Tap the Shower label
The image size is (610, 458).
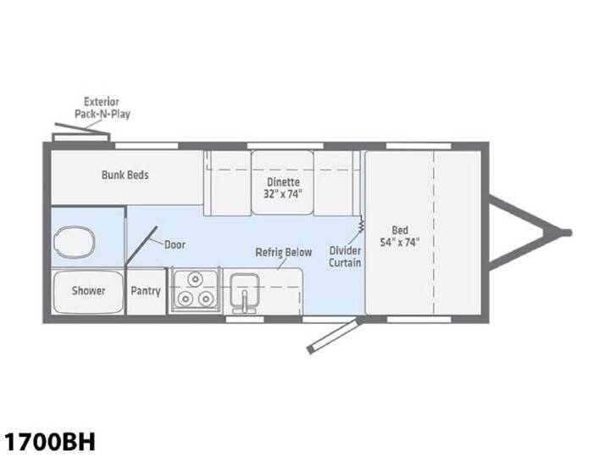coord(88,291)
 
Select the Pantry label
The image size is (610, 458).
coord(146,291)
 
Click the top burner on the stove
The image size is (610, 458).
coord(195,279)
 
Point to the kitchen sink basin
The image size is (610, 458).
coord(244,289)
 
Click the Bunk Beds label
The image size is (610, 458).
coord(125,175)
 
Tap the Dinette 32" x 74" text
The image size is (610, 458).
coord(283,187)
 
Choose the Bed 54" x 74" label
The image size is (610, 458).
coord(400,236)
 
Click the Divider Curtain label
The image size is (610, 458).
coord(345,256)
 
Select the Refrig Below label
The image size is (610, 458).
coord(284,252)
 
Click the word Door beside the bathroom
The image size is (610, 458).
coord(175,244)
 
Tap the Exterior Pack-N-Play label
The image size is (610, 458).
coord(102,108)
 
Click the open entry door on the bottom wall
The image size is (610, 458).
coord(332,335)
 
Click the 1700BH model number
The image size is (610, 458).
coord(49,442)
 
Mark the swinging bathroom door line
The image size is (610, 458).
coord(141,245)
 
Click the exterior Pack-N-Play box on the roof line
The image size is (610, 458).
coord(81,137)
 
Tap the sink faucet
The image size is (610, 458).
coord(244,302)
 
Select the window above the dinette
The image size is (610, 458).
coord(286,146)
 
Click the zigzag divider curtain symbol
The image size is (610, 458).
coord(361,225)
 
